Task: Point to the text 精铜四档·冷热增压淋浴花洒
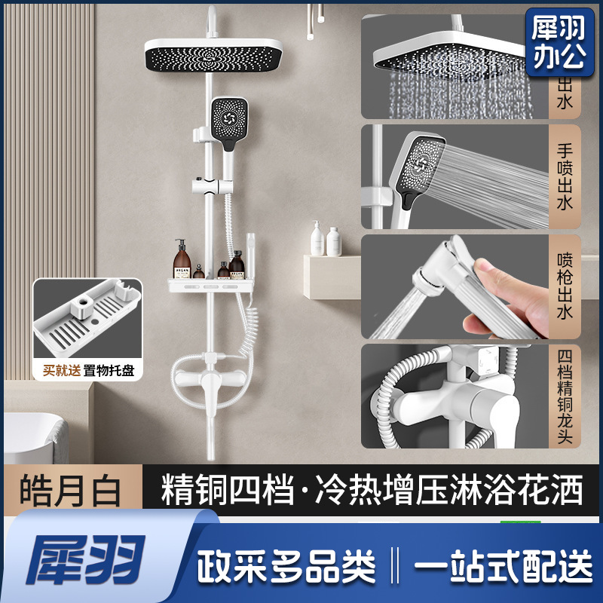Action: [372, 491]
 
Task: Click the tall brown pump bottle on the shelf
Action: [182, 259]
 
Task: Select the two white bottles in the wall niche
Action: [325, 240]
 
